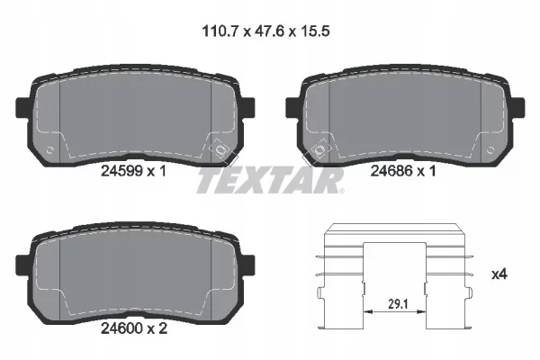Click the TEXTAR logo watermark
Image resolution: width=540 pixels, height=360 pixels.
[269, 183]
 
